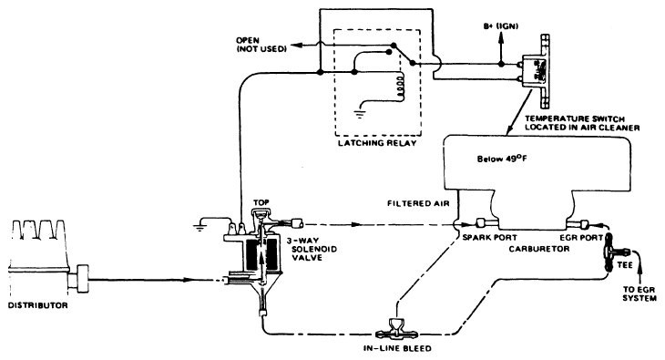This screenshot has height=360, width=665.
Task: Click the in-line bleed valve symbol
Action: point(397,325)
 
